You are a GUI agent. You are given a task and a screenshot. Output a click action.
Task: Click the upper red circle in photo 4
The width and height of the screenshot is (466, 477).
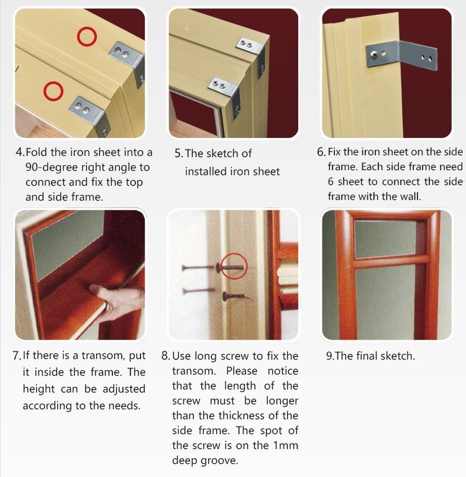click(87, 29)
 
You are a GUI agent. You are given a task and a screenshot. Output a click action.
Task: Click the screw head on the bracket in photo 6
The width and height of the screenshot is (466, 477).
click(374, 55)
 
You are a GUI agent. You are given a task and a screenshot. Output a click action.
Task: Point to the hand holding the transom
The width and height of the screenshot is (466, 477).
click(117, 302)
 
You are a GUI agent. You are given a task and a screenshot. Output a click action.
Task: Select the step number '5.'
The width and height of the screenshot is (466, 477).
click(179, 153)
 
